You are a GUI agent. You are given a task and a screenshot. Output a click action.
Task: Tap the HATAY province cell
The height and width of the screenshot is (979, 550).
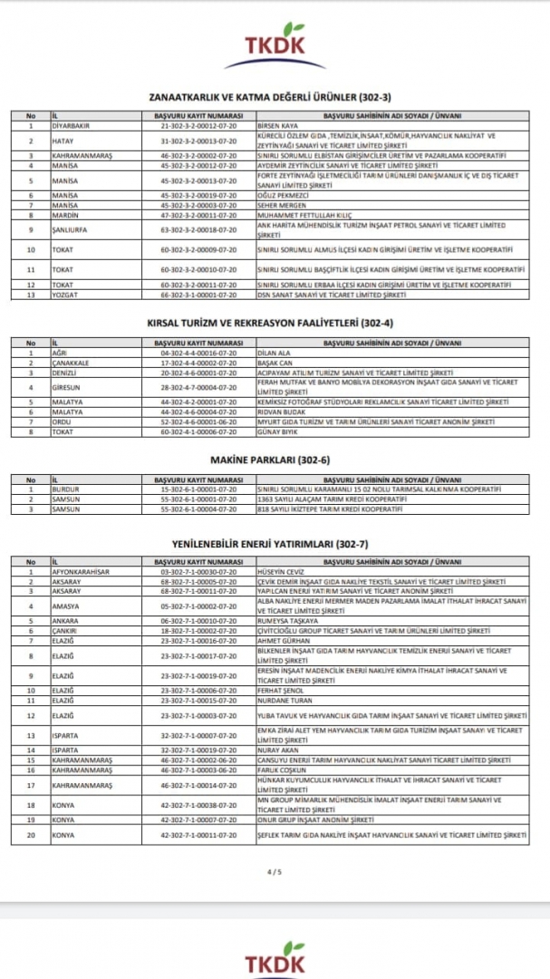pos(62,141)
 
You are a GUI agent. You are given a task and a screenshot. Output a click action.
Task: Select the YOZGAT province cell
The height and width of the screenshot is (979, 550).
pos(65,295)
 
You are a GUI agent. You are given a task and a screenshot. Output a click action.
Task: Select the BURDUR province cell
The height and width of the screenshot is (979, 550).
pos(66,489)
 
